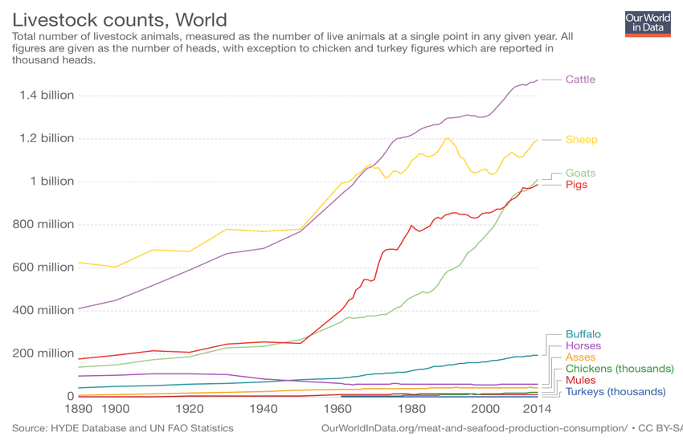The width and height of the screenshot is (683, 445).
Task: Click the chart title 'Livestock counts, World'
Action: [120, 20]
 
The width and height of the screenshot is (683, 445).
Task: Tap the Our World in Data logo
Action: [648, 24]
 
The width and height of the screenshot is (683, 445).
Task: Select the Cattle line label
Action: [580, 80]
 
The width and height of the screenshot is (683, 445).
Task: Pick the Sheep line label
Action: [582, 139]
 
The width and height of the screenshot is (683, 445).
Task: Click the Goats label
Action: [581, 173]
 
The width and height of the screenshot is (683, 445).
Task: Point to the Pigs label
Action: [576, 185]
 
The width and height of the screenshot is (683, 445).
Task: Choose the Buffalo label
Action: [583, 334]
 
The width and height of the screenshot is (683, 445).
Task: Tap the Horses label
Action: [583, 345]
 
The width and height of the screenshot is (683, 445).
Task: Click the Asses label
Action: [581, 357]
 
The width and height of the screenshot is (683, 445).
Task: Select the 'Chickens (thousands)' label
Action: [620, 369]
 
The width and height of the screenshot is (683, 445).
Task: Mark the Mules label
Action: [581, 380]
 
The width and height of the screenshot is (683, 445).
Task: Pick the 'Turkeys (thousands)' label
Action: [616, 392]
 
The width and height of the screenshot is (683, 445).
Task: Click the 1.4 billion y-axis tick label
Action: [47, 95]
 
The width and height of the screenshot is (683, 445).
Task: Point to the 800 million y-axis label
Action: [43, 224]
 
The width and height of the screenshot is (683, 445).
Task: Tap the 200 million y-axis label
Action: [43, 353]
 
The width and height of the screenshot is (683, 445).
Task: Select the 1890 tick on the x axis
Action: [79, 409]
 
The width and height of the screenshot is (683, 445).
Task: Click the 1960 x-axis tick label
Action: [337, 409]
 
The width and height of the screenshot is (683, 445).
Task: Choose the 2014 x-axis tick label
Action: [537, 409]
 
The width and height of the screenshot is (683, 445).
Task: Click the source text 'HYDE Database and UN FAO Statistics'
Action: [142, 428]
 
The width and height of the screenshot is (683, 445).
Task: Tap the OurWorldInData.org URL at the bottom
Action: [474, 428]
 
